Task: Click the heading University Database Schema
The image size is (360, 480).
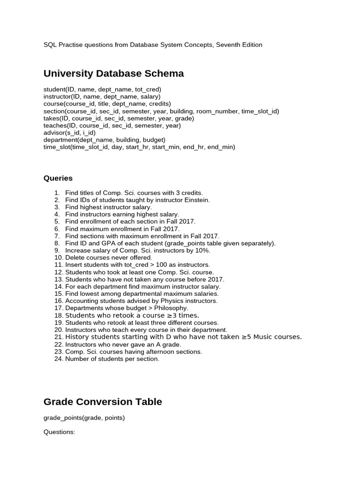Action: coord(113,74)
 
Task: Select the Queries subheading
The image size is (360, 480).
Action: coord(58,178)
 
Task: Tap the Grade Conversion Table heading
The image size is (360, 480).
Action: coord(103,402)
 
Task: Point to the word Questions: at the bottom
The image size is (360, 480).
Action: coord(59,432)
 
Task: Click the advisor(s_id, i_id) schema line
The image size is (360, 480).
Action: coord(69,133)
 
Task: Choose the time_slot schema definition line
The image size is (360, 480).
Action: coord(139,147)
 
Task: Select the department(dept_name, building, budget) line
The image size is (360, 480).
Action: coord(104,140)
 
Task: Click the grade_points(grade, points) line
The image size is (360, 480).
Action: coord(84,418)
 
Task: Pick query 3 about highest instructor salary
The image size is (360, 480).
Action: coord(108,207)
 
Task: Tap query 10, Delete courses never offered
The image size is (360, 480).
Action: coord(109,257)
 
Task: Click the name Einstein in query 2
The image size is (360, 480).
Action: coord(196,200)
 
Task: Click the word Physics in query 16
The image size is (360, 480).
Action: coord(171,301)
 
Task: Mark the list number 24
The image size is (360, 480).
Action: coord(58,359)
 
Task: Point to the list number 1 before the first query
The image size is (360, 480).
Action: coord(57,193)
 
